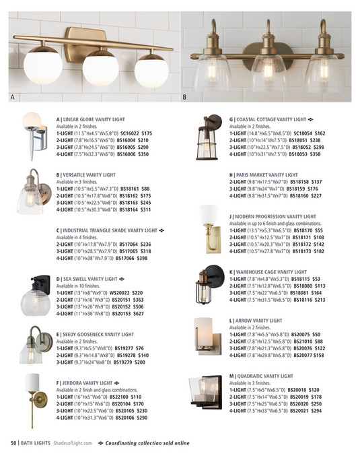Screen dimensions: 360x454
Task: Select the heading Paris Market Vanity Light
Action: pyautogui.click(x=263, y=175)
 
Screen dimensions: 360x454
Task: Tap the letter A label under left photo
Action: pyautogui.click(x=11, y=97)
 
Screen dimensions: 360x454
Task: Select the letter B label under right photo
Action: pyautogui.click(x=184, y=97)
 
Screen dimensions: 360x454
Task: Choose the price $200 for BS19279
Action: pyautogui.click(x=139, y=362)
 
